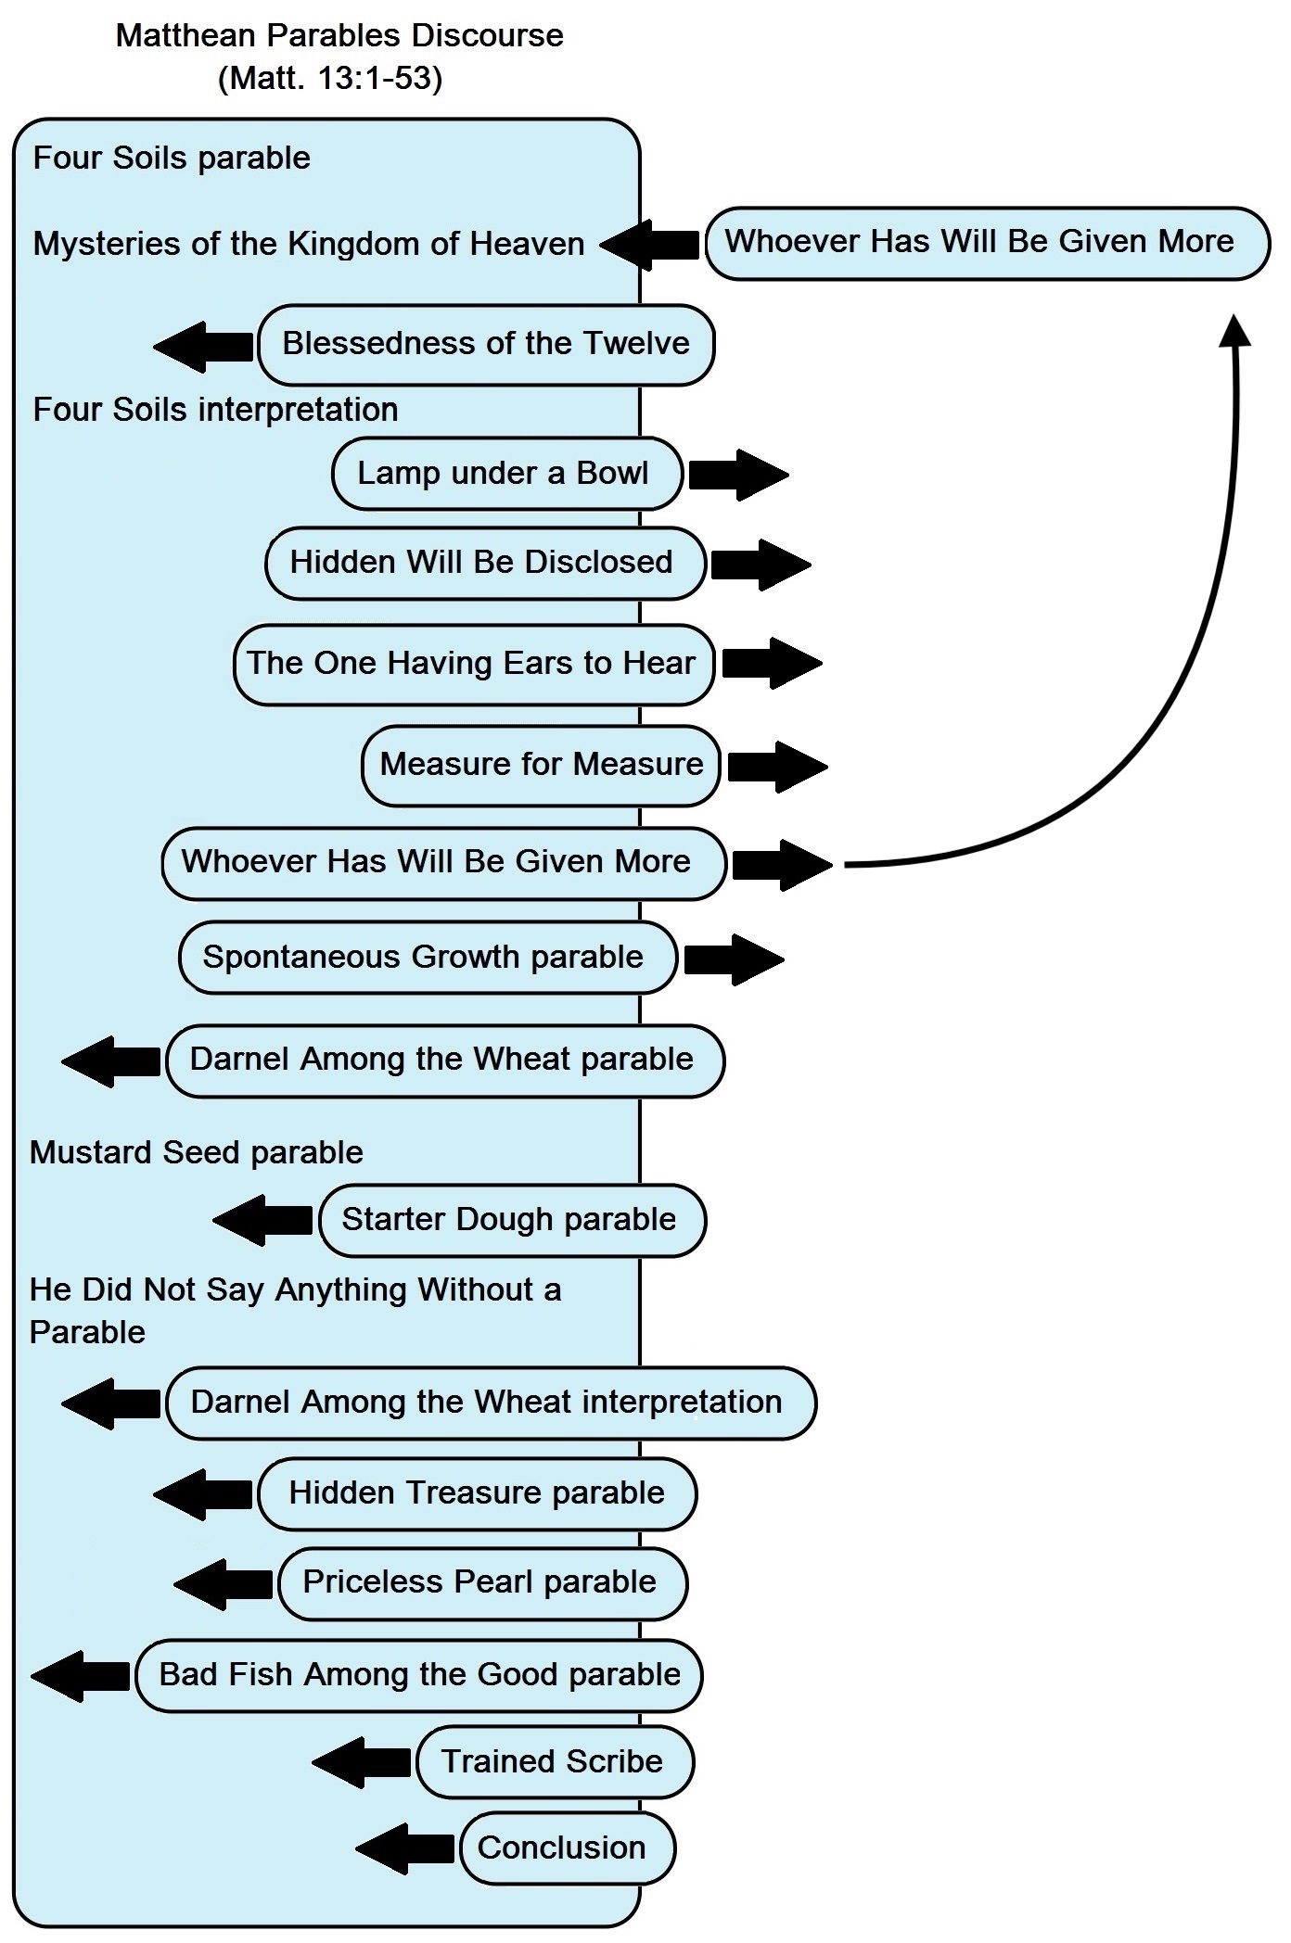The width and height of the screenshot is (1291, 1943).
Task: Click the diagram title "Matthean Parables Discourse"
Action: coord(339,35)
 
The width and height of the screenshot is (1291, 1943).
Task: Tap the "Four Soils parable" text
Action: coord(172,158)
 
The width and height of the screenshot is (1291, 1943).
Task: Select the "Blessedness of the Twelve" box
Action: coord(486,344)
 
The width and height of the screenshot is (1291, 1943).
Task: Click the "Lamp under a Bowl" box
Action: coord(506,474)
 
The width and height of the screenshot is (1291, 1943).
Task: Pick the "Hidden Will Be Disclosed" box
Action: coord(485,563)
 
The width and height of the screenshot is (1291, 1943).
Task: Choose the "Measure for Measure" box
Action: coord(541,765)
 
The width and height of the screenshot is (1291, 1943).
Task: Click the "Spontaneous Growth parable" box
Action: coord(427,957)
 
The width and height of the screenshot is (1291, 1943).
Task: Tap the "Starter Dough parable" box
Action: coord(512,1220)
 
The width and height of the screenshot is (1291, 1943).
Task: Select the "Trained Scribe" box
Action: coord(555,1761)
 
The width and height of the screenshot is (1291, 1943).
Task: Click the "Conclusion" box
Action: coord(567,1848)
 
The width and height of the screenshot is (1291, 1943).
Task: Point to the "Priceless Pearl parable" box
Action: coord(482,1582)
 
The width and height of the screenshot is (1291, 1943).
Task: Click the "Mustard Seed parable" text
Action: coord(197,1152)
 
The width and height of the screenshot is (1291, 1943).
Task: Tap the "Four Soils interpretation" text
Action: coord(215,410)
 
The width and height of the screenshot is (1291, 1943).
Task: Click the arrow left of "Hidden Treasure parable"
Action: coord(203,1494)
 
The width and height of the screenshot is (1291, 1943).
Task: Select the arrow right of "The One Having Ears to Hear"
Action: coord(773,663)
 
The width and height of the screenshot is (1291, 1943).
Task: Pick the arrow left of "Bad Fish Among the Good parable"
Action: coord(81,1676)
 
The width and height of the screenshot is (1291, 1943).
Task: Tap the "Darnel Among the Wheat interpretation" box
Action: coord(491,1403)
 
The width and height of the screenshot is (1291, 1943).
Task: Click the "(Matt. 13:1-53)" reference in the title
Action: coord(330,78)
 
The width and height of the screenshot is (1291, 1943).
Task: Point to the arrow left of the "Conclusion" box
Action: coord(405,1848)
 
